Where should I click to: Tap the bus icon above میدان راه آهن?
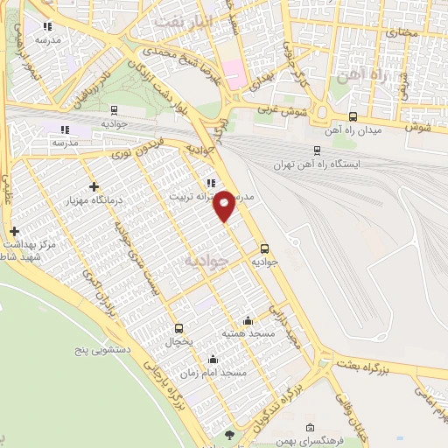pos(353,116)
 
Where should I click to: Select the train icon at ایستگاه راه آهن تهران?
pos(318,150)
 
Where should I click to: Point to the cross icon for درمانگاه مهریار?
pos(94,185)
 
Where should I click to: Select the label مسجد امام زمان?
pos(214,373)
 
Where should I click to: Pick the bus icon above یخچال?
pos(181,328)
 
